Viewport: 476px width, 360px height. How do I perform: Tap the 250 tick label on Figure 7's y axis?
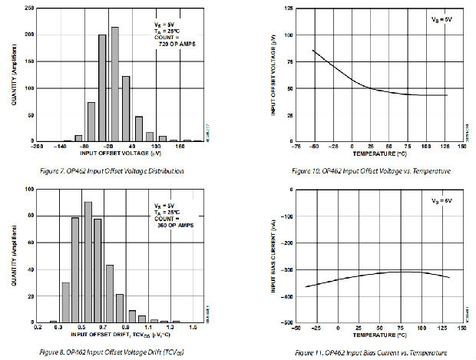(28, 8)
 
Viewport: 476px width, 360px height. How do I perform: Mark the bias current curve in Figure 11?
(369, 276)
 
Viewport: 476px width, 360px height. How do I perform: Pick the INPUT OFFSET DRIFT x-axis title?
(115, 335)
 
